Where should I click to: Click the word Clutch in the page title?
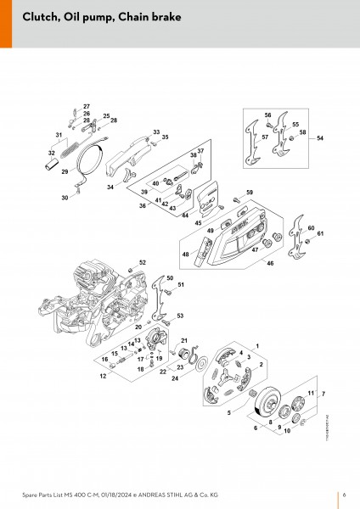(40, 18)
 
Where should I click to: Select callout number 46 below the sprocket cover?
(270, 264)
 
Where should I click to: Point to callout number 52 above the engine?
(142, 262)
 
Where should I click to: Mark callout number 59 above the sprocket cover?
(249, 193)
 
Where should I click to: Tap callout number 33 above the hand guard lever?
(156, 131)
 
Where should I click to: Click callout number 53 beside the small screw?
(180, 316)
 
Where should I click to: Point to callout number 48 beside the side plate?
(185, 254)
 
